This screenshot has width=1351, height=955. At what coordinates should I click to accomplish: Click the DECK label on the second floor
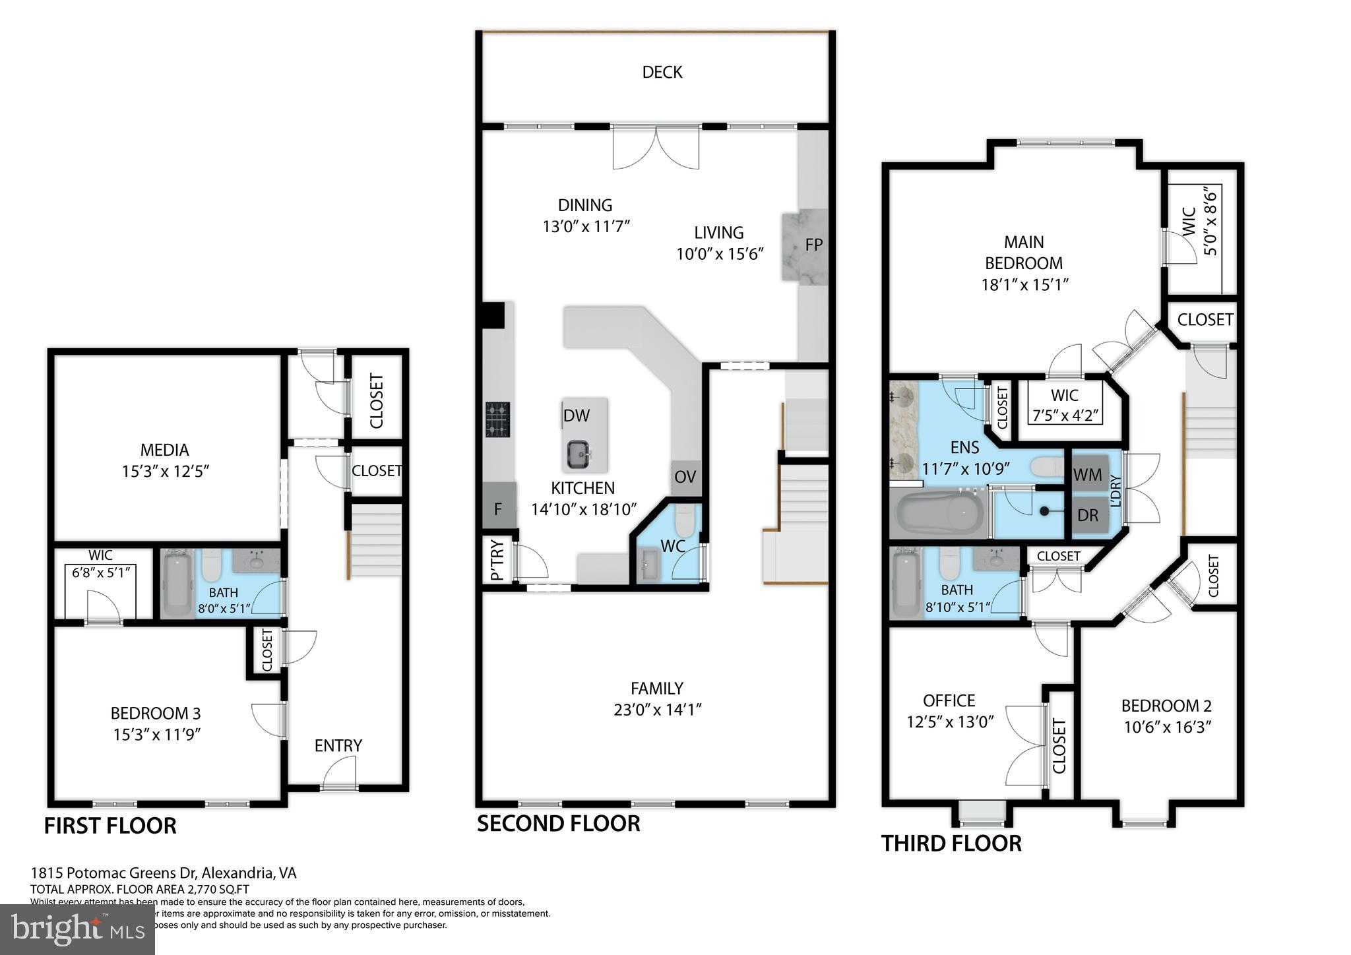pos(662,72)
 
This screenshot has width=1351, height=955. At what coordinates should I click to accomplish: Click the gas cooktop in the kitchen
pos(497,419)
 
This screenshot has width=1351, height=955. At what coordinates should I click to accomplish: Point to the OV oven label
pos(685,476)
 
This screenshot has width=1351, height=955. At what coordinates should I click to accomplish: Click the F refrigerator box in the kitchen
pos(498,508)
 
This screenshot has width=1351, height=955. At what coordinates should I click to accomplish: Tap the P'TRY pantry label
pos(497,561)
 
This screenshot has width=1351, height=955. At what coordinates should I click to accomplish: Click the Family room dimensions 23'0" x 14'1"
pos(656,710)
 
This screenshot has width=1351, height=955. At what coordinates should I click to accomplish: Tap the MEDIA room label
pos(164,450)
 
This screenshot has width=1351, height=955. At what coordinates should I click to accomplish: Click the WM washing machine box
pos(1087,474)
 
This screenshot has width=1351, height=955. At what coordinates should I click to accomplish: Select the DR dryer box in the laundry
pos(1087,515)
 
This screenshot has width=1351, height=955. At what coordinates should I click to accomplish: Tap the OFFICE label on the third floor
pos(949,700)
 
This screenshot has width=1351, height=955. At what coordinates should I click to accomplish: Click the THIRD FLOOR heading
pos(951,844)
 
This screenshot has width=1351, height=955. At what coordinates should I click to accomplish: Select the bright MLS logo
pos(77,929)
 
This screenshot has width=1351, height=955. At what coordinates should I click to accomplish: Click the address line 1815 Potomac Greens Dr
pos(164,873)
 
